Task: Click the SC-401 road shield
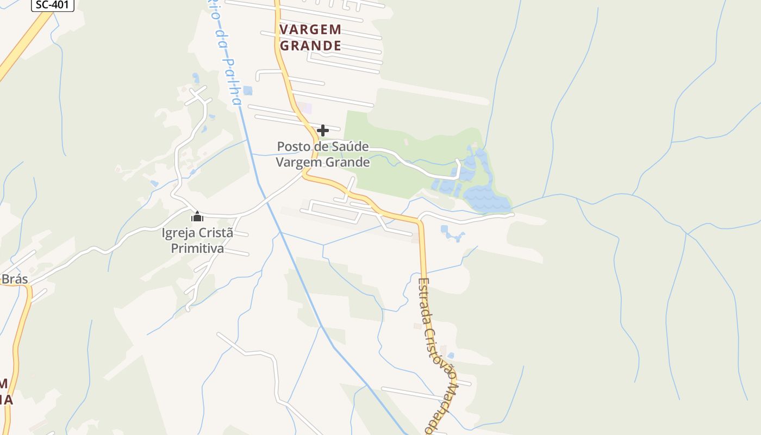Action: pyautogui.click(x=53, y=5)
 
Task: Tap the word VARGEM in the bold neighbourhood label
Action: pyautogui.click(x=310, y=29)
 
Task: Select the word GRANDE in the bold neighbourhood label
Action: pyautogui.click(x=310, y=46)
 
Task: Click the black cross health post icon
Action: pyautogui.click(x=323, y=130)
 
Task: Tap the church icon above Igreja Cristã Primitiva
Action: pyautogui.click(x=197, y=217)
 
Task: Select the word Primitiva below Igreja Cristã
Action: pyautogui.click(x=197, y=249)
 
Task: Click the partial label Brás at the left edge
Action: pyautogui.click(x=15, y=279)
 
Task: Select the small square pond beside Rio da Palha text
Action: pyautogui.click(x=248, y=90)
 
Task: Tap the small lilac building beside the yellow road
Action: pyautogui.click(x=307, y=108)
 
